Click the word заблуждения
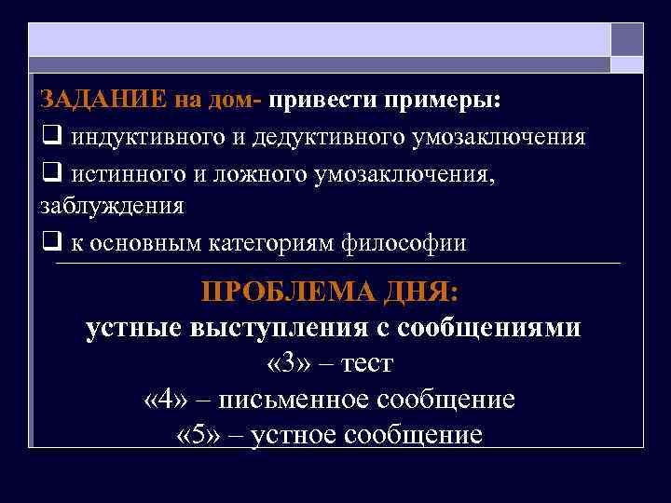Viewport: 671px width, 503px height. [x=112, y=207]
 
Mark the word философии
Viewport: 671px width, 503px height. [x=410, y=243]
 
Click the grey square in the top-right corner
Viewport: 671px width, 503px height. [x=626, y=40]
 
